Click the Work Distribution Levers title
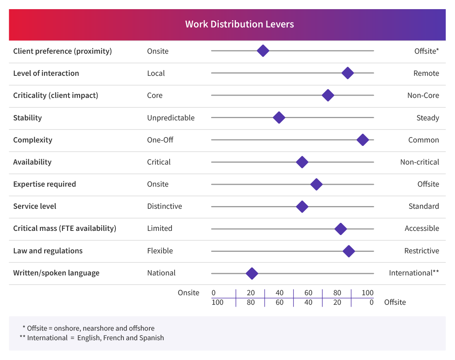[239, 24]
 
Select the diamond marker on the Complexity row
[362, 140]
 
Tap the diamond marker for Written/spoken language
[252, 273]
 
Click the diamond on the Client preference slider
[263, 51]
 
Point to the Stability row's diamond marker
[279, 118]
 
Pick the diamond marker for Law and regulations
[349, 251]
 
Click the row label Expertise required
[45, 184]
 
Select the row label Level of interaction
[46, 73]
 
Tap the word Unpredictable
[171, 118]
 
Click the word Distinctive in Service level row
[165, 206]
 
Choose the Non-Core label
[423, 95]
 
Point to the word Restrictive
[421, 251]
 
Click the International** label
[414, 273]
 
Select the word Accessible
[421, 228]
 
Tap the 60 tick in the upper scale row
[308, 293]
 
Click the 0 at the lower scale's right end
[371, 302]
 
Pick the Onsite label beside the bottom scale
[188, 293]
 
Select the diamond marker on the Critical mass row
[340, 229]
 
